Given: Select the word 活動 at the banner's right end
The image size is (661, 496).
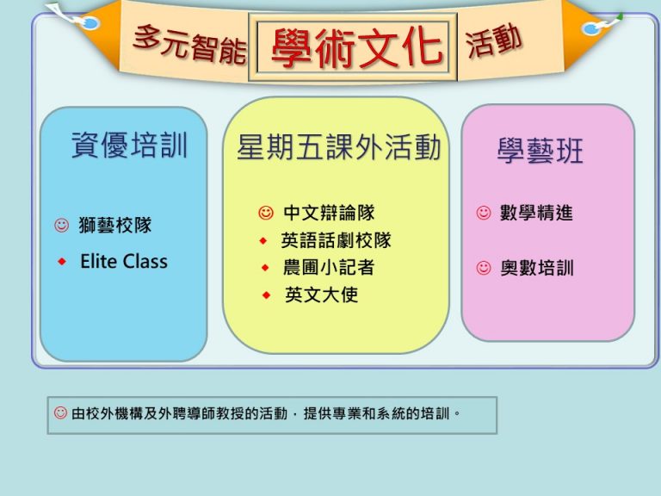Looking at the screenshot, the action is click(494, 41).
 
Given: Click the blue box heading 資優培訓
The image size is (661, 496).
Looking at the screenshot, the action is click(129, 145).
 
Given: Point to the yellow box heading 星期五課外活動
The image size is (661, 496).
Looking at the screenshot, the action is click(339, 147).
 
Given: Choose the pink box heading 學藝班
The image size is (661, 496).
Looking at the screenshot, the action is click(540, 151).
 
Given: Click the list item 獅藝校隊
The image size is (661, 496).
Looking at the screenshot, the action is click(115, 226).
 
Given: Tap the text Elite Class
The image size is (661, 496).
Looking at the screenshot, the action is click(124, 262).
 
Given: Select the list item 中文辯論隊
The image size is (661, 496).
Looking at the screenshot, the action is click(329, 213).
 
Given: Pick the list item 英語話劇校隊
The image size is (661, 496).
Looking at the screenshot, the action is click(336, 240).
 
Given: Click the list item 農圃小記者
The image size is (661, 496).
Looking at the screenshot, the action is click(329, 268).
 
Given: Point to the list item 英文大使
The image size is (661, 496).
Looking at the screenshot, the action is click(321, 294).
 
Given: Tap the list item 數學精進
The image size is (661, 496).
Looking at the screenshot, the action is click(536, 213).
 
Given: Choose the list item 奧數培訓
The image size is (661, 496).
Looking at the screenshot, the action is click(537, 268).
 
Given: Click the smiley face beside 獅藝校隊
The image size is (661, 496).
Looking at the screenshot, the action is click(62, 226).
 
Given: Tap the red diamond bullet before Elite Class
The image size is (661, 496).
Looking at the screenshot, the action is click(62, 262).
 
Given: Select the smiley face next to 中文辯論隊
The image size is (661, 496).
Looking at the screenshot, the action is click(266, 213).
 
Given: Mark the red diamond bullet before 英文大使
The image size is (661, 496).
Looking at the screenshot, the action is click(266, 295).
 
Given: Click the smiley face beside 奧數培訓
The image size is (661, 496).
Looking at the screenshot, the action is click(484, 268).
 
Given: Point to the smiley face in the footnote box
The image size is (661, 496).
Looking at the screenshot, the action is click(60, 412).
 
